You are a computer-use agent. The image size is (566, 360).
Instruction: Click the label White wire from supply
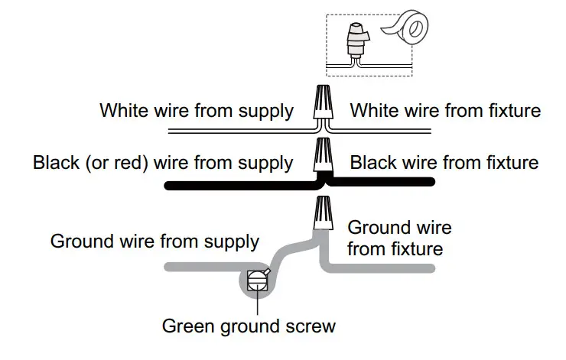196,111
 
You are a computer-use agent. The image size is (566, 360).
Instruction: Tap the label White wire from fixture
445,111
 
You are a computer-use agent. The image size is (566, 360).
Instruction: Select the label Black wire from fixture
444,162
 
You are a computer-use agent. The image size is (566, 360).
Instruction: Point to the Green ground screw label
249,326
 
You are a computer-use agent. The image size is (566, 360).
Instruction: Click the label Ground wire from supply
155,242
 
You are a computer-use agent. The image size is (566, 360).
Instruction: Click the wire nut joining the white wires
322,104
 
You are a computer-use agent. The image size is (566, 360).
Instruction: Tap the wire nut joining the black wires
322,156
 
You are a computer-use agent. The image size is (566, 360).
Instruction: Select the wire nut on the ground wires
322,212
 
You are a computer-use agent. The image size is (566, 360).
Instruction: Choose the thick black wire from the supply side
229,183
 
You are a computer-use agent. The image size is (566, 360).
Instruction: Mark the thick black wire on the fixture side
382,182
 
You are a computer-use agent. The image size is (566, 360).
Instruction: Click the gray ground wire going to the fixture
382,268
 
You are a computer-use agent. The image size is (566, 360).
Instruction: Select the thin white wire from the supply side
229,132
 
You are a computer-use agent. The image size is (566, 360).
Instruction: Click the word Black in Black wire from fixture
374,162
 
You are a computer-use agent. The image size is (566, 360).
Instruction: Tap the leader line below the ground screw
259,303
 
